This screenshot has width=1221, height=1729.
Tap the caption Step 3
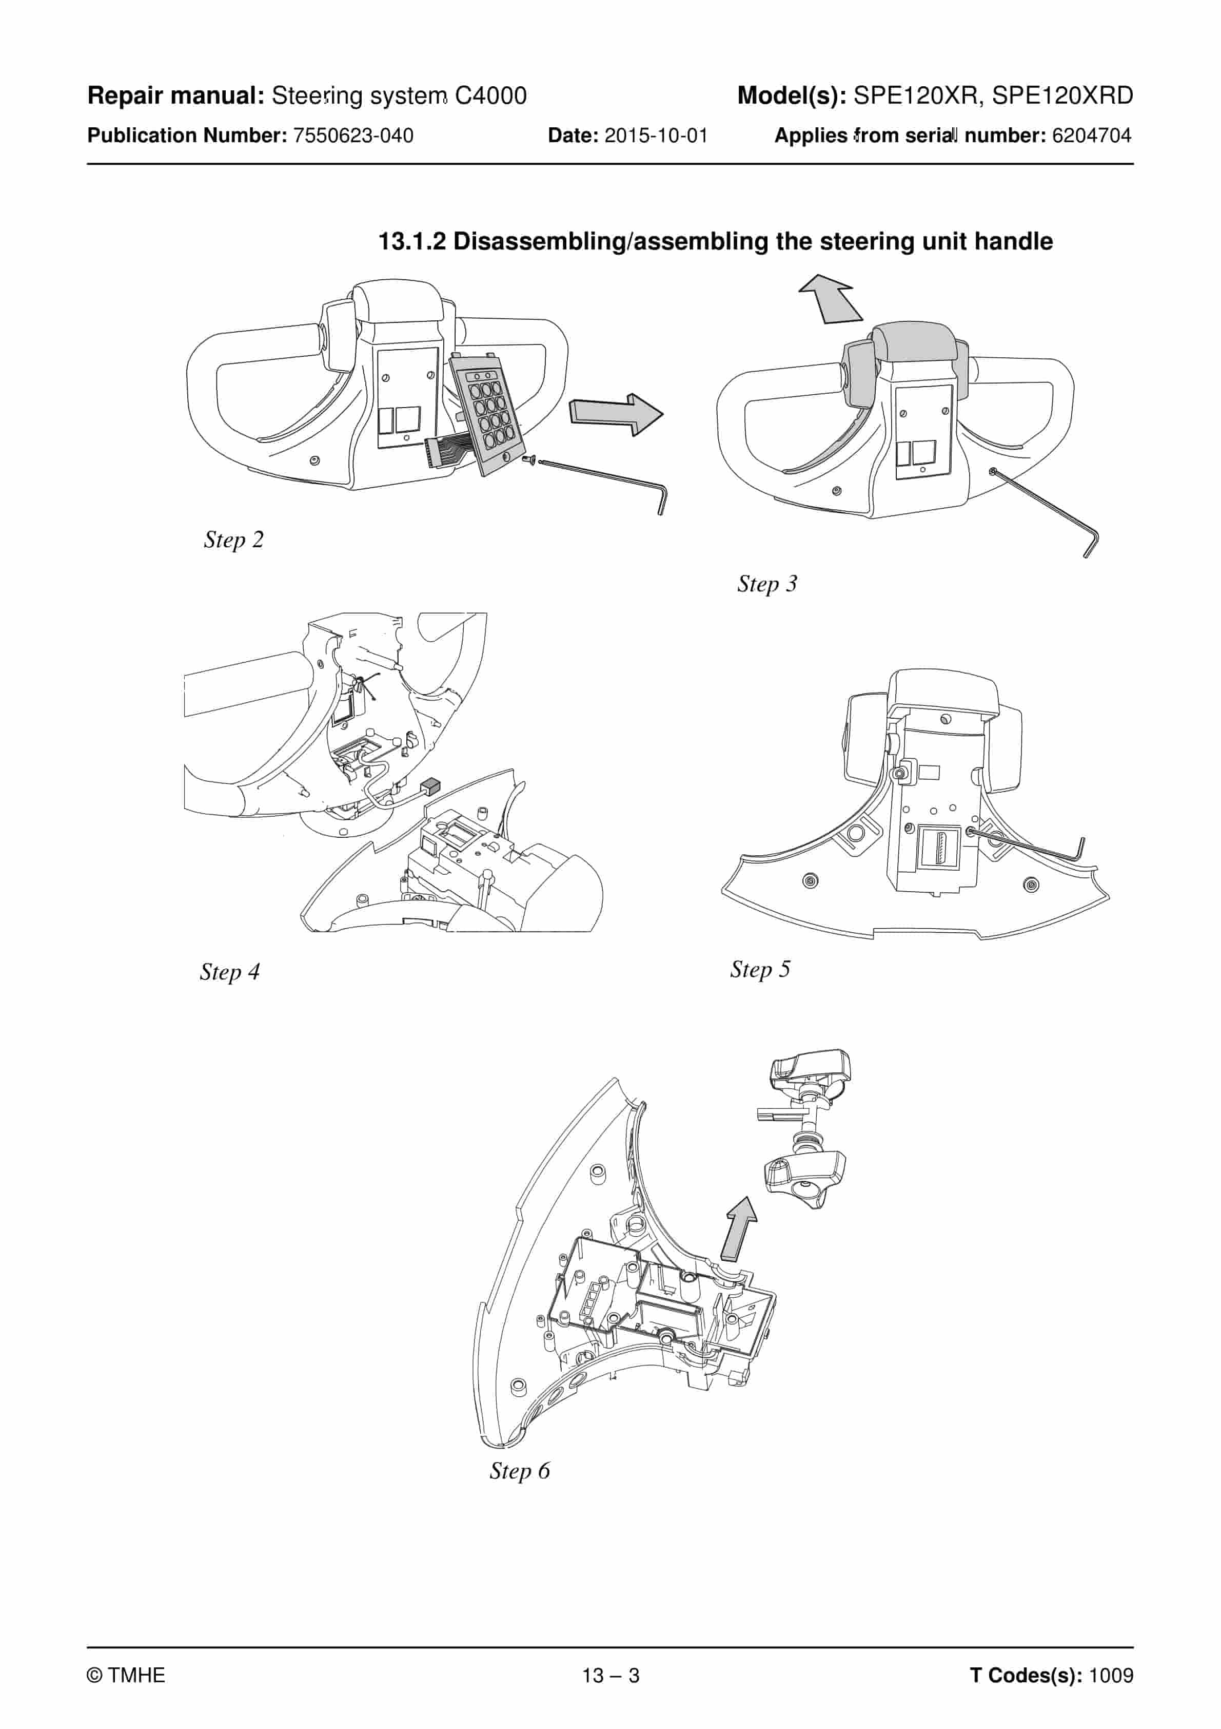766,584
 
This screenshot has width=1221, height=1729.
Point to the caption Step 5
760,969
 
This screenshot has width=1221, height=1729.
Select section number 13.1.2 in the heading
412,242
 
